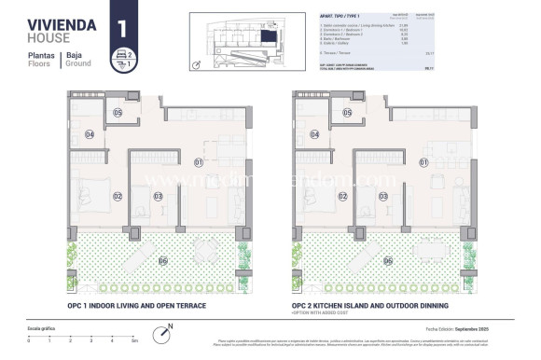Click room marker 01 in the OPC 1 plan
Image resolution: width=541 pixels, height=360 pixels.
coord(199,162)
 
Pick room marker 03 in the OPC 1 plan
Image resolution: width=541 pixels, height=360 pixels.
coord(159,196)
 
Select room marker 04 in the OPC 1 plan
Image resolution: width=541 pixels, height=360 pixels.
coord(90,134)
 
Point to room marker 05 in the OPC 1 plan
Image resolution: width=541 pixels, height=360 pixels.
coord(118,113)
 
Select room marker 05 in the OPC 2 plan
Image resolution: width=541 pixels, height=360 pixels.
coord(347,113)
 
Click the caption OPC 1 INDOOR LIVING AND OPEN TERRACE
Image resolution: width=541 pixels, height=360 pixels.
coord(136,305)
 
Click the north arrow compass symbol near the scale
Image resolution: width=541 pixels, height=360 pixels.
coord(167,329)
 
